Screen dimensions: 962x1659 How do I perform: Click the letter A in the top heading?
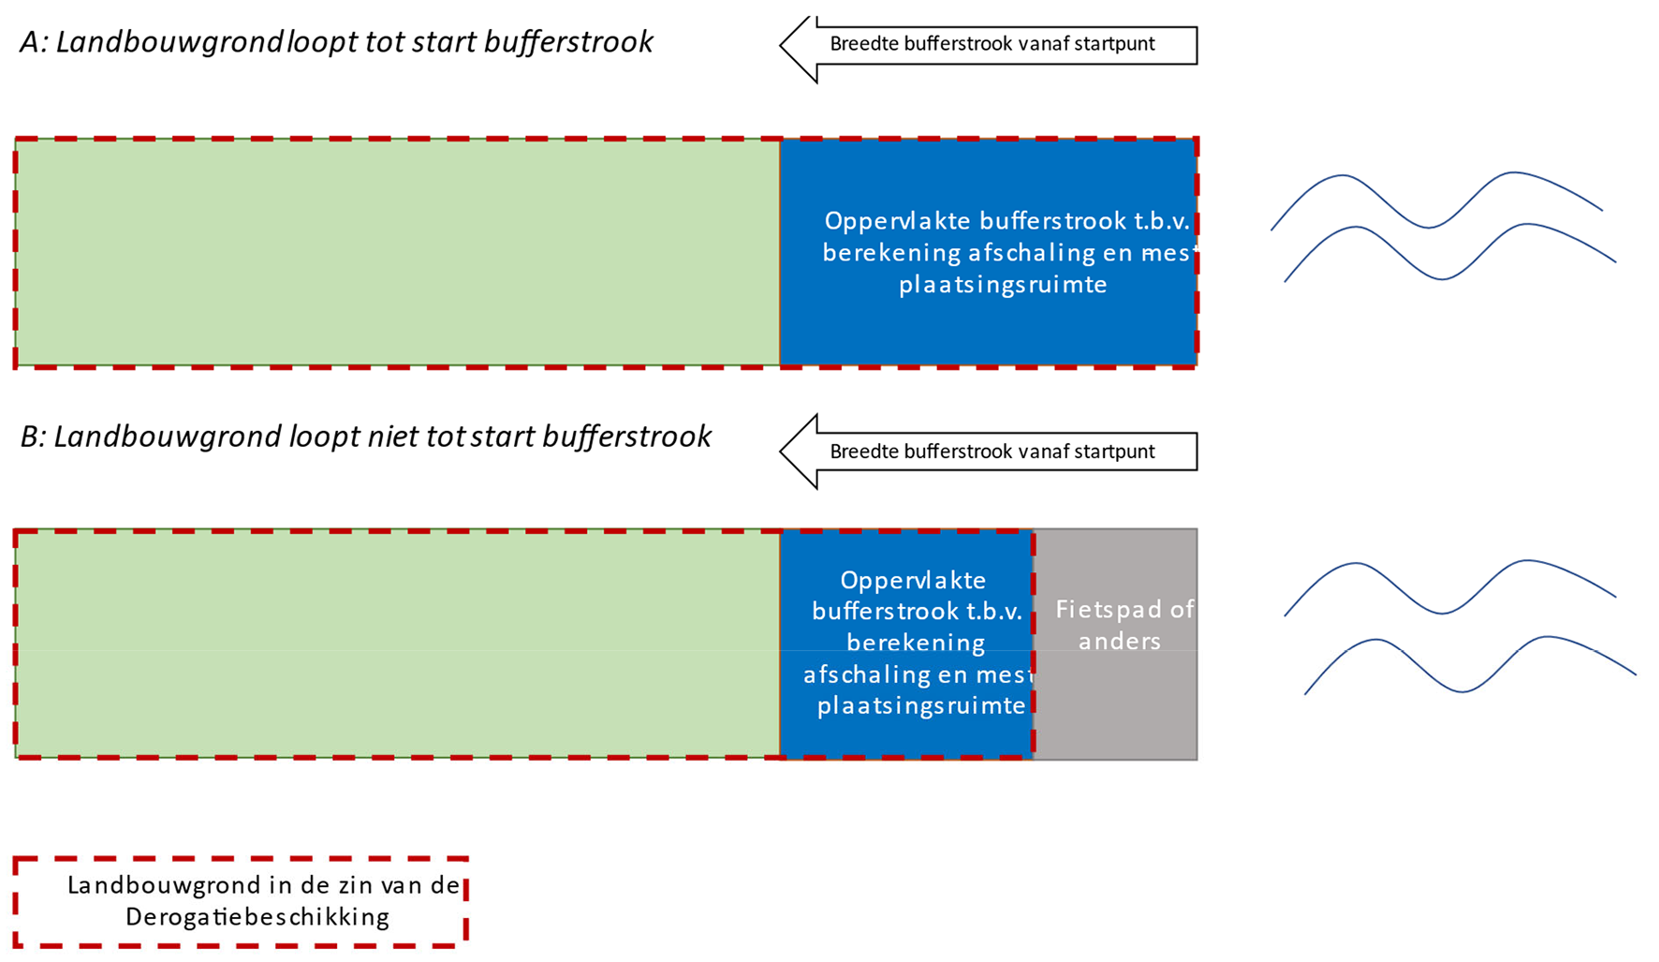32,43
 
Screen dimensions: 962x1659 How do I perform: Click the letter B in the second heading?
32,437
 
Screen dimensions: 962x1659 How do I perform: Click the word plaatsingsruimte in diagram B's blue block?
921,705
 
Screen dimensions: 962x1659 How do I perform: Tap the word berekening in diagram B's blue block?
916,643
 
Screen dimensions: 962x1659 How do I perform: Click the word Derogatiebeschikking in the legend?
257,917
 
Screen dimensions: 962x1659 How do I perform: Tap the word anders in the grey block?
1119,642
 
